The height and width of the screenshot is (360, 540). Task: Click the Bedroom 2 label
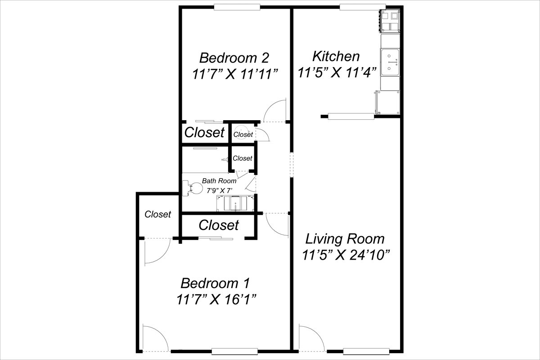(x=234, y=58)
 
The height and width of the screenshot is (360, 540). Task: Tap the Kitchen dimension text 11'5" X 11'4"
(x=337, y=72)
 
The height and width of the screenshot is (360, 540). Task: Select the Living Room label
(x=345, y=239)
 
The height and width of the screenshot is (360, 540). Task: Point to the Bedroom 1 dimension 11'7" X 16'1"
(x=216, y=300)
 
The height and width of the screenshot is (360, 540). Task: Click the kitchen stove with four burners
(x=390, y=21)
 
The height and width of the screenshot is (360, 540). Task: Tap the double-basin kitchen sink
(x=390, y=62)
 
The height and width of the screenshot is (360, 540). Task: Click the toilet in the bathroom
(x=192, y=188)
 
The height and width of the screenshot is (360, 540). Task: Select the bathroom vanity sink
(x=235, y=203)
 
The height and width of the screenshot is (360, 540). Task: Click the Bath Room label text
(x=219, y=180)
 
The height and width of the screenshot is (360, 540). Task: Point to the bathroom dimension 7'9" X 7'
(x=220, y=191)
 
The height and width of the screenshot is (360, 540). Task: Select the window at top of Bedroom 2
(x=237, y=7)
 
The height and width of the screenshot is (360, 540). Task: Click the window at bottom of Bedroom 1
(x=234, y=351)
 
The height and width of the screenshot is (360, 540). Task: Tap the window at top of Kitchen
(x=363, y=7)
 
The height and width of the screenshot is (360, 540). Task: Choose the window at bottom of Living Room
(x=366, y=351)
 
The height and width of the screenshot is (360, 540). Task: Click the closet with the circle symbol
(x=243, y=134)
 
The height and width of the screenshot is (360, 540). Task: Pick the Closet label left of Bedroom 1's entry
(x=157, y=214)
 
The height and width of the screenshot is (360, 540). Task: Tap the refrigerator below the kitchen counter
(x=387, y=103)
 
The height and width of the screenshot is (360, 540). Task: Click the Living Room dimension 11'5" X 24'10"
(x=346, y=255)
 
